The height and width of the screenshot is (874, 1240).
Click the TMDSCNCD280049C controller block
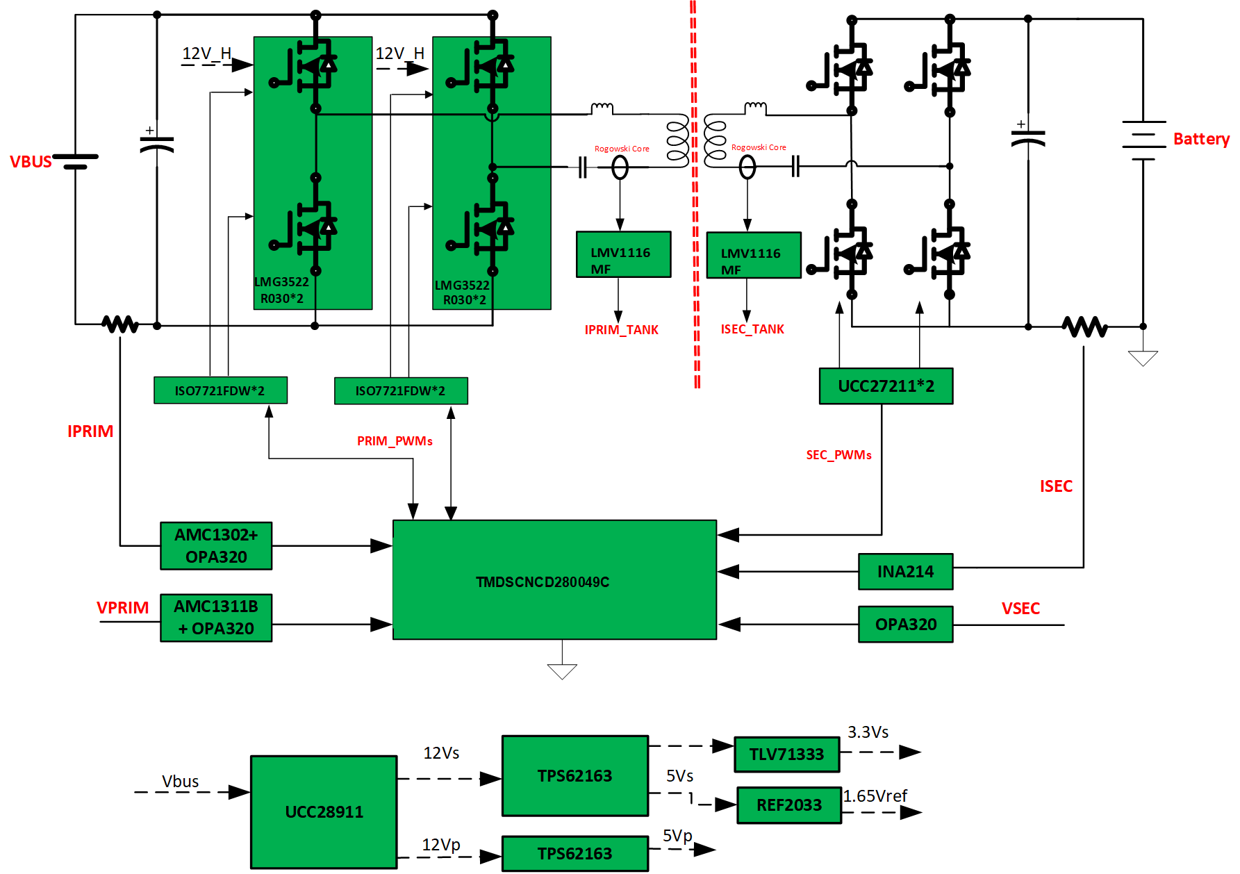[x=554, y=579]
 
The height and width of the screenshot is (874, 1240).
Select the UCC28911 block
[x=324, y=811]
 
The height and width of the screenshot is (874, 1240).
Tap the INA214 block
[x=905, y=571]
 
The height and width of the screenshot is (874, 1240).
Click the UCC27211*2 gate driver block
[x=886, y=386]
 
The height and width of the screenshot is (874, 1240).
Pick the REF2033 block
[x=788, y=805]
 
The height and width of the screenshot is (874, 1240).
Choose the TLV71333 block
[x=786, y=754]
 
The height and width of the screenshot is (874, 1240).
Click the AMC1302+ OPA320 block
[x=216, y=545]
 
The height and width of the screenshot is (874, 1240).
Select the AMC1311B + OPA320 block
[x=216, y=617]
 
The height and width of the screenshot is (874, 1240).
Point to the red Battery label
[x=1201, y=139]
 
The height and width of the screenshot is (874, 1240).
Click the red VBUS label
[x=31, y=162]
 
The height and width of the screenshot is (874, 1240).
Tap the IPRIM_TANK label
[x=621, y=330]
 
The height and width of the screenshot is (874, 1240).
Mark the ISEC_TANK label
[x=752, y=329]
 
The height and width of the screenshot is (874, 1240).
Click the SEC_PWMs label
[x=838, y=455]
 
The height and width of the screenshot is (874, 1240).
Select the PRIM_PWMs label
[x=395, y=441]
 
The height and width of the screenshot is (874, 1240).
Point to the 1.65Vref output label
[x=875, y=795]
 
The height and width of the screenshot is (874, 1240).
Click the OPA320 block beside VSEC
[x=905, y=624]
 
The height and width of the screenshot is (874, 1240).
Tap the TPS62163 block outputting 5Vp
[x=574, y=853]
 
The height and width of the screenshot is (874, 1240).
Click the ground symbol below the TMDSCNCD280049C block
[x=562, y=671]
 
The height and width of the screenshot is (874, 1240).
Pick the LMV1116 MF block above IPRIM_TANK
[x=623, y=254]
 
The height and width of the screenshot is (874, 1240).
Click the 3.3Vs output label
[x=868, y=732]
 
